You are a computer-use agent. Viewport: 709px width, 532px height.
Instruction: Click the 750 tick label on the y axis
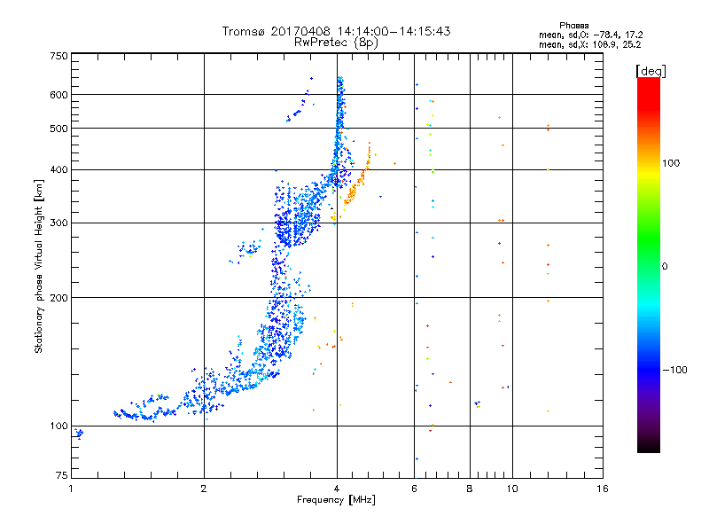[x=58, y=56]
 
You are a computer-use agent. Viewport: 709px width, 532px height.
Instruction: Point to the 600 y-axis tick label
[x=58, y=95]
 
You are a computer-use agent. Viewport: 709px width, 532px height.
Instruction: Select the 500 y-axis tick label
[x=58, y=129]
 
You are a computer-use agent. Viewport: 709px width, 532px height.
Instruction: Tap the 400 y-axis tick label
[x=58, y=169]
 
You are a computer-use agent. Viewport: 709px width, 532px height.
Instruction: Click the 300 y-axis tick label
[x=58, y=223]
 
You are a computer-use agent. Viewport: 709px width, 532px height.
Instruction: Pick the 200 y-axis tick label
[x=58, y=298]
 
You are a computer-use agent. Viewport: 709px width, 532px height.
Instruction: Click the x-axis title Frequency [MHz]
[x=336, y=502]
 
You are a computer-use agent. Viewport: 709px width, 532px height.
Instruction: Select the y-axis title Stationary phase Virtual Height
[x=39, y=266]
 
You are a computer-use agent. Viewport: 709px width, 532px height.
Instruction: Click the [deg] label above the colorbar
[x=651, y=70]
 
